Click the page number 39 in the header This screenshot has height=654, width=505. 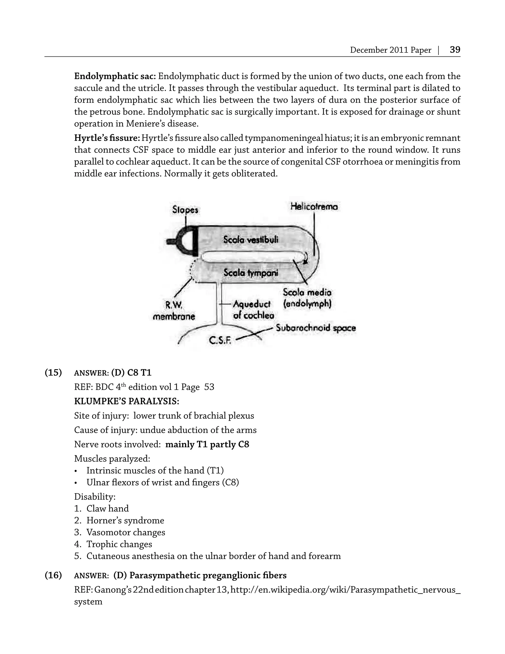click(x=455, y=50)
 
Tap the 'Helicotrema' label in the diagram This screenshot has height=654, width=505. click(x=314, y=207)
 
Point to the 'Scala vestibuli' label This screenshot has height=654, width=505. click(x=251, y=239)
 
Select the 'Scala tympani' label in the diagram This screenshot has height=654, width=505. click(x=251, y=272)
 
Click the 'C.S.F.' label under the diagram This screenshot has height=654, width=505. click(x=220, y=340)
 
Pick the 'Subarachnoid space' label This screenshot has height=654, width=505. click(x=316, y=328)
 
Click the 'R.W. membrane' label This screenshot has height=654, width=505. click(x=174, y=311)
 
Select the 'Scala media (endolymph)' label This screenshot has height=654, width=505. click(x=307, y=298)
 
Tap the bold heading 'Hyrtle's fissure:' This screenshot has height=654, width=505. click(x=107, y=138)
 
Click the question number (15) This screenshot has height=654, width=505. click(x=53, y=372)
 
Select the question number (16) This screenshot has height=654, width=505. click(x=53, y=575)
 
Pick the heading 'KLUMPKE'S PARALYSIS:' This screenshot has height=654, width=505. click(x=126, y=401)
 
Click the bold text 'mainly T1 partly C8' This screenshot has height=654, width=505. click(x=207, y=444)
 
